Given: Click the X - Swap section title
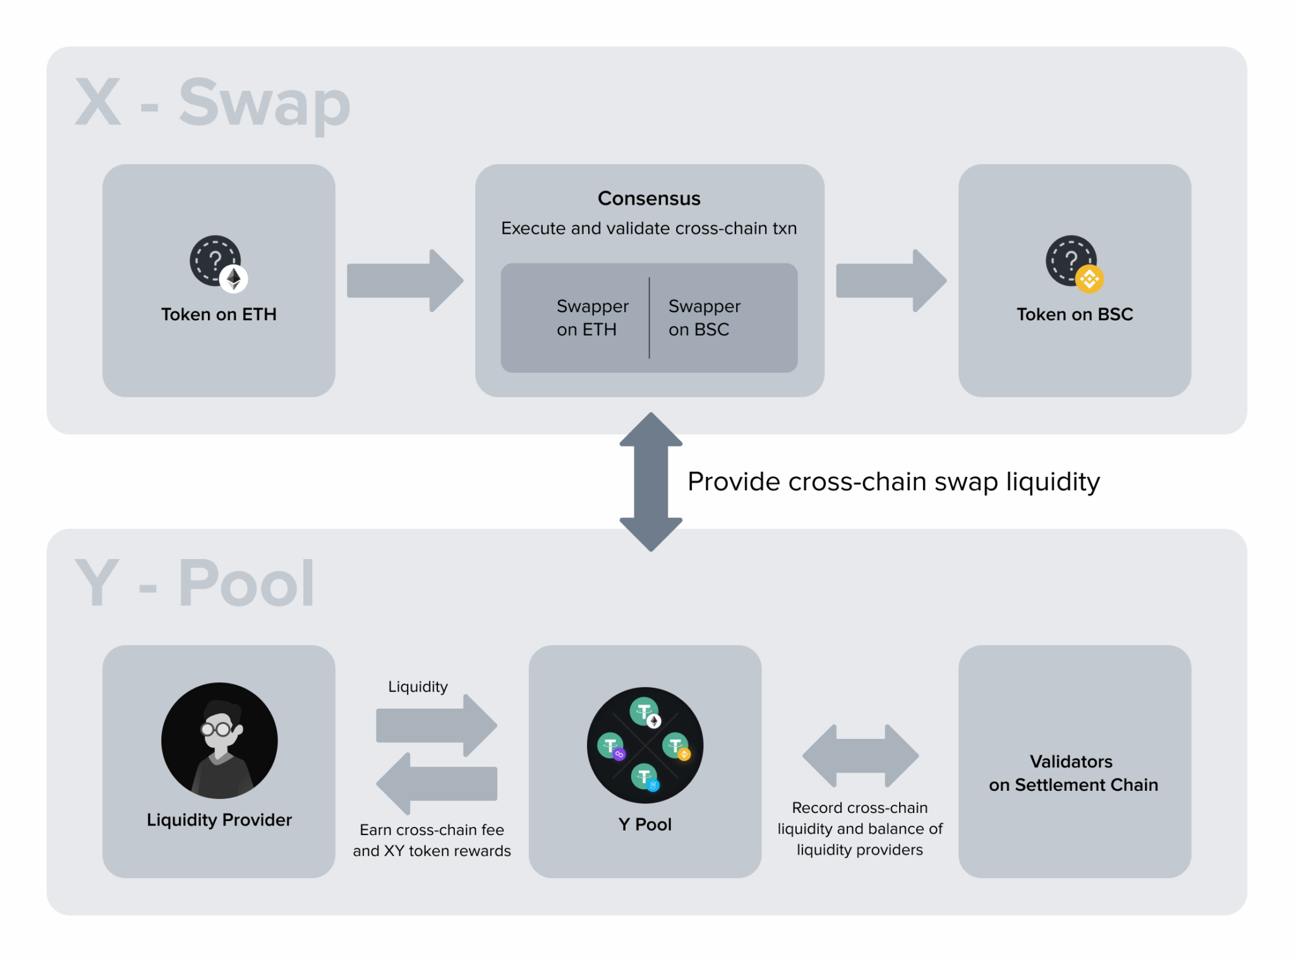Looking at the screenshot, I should tap(212, 103).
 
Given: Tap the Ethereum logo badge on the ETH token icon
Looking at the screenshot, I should tap(234, 279).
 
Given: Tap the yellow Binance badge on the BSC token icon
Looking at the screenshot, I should tap(1089, 279).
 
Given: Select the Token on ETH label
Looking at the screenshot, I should tap(219, 314).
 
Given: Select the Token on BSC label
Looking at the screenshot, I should tap(1074, 314).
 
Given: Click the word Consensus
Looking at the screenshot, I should tap(649, 198).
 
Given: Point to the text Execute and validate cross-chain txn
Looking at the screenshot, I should tap(649, 228).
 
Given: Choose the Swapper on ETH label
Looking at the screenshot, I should tap(591, 318).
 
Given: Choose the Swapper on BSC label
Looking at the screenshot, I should tap(703, 318).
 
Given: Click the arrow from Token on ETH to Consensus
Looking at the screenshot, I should tap(404, 280).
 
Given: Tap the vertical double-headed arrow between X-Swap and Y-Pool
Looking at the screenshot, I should tap(651, 482).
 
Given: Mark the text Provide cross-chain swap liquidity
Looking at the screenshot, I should tap(893, 482).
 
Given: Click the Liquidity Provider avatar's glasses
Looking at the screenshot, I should tap(216, 730).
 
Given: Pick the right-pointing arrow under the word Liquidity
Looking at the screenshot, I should tap(436, 725).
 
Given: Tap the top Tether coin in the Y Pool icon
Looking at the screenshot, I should tap(644, 711).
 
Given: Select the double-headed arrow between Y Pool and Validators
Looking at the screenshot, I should tap(860, 755).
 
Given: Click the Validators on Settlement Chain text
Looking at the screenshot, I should tap(1073, 773).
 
